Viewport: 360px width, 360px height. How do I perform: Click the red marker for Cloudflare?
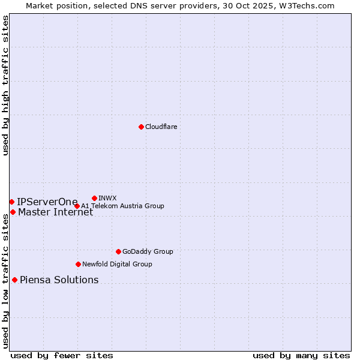[141, 127]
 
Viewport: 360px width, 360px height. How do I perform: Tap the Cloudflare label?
[161, 127]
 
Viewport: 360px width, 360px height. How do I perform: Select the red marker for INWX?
[94, 198]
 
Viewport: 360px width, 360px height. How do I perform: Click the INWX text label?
[107, 198]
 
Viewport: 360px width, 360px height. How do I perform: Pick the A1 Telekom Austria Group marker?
[77, 206]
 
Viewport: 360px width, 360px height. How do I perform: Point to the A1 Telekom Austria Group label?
[122, 206]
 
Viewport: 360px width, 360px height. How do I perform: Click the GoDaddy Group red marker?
[118, 251]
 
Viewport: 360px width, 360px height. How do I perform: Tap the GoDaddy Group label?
[148, 251]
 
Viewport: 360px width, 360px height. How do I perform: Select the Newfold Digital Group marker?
[78, 264]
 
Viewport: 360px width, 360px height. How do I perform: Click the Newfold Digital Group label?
[117, 264]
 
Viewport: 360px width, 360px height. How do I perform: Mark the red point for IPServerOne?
[11, 202]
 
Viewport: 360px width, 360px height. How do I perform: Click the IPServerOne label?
[47, 202]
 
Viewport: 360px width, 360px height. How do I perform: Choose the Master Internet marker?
[13, 212]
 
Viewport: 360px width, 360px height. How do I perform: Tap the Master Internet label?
[55, 212]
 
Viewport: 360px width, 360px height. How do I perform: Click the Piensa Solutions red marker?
[14, 280]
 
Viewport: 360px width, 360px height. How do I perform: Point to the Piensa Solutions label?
[59, 280]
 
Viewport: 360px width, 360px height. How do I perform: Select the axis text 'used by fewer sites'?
[62, 355]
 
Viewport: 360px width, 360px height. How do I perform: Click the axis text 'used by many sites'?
[301, 355]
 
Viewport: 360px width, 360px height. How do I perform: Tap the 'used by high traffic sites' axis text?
[5, 85]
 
